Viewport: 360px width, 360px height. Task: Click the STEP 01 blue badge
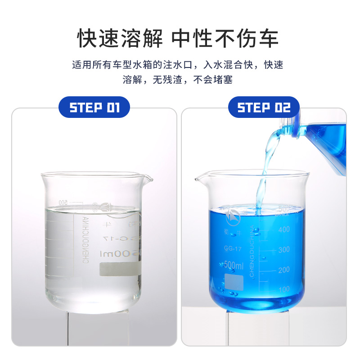(x=94, y=108)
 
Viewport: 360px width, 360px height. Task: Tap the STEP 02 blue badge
(x=263, y=108)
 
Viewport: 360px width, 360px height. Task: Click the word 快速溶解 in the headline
(x=120, y=39)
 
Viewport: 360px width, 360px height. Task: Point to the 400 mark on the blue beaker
(x=283, y=229)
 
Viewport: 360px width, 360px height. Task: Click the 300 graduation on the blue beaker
(x=283, y=250)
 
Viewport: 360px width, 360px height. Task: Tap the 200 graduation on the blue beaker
(x=283, y=270)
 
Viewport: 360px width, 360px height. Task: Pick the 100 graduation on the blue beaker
(x=283, y=289)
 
